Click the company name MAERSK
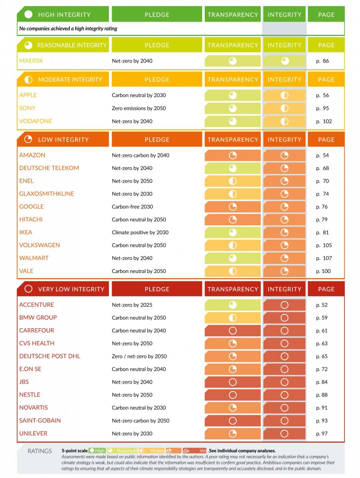point(31,61)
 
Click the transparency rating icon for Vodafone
point(233,121)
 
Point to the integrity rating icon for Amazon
point(284,155)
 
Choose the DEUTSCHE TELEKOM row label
point(49,168)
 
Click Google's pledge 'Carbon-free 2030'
point(132,207)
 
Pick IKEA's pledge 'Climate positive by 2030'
point(140,232)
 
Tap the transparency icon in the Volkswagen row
point(233,246)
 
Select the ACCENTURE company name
point(36,305)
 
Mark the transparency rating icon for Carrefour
point(233,331)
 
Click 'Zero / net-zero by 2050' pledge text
point(139,357)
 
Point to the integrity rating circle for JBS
point(284,382)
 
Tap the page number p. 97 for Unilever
point(322,433)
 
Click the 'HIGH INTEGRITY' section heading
point(64,15)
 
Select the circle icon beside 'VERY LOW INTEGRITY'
point(28,289)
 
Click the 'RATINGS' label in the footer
point(40,451)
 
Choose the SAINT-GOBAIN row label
point(40,421)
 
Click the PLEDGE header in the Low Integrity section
point(157,140)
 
